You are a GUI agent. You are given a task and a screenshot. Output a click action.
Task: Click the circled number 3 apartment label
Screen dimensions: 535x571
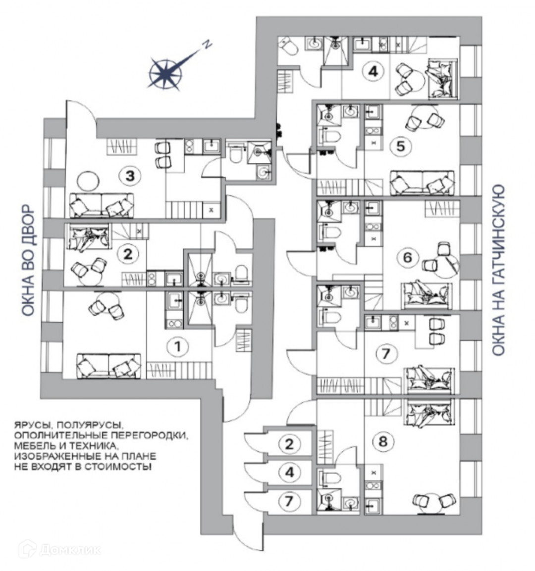point(130,175)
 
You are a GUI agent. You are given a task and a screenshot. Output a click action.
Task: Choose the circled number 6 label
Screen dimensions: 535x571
point(408,257)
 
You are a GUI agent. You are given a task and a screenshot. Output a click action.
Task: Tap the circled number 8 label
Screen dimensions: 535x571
point(382,440)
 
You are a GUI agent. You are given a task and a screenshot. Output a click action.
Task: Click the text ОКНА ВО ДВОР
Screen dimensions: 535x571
point(28,259)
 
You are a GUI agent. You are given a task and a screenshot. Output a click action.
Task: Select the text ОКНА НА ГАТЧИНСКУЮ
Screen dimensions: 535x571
point(498,270)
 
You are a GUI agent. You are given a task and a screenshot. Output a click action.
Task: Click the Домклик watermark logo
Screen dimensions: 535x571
point(59,549)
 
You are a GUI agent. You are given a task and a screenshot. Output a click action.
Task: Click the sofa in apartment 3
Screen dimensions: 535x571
point(102,205)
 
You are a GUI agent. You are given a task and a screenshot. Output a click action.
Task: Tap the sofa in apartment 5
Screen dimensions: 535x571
point(422,183)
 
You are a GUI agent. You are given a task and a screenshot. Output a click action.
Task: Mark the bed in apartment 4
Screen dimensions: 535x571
point(440,78)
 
